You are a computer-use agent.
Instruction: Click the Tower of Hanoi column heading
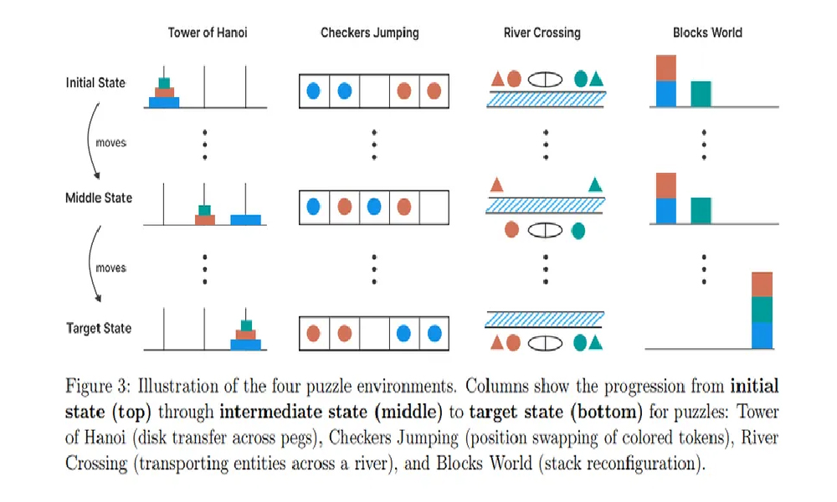(208, 33)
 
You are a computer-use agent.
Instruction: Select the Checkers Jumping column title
(370, 33)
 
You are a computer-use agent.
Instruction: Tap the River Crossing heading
(542, 33)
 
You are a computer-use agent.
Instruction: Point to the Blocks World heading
(707, 33)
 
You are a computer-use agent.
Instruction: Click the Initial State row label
(96, 83)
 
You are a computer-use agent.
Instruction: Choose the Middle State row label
(99, 198)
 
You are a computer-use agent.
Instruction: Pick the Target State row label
(99, 328)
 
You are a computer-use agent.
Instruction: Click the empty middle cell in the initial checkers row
(374, 90)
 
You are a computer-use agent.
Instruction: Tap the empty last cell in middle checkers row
(434, 206)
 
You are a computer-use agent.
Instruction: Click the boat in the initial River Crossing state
(545, 79)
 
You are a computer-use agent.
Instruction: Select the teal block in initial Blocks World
(701, 94)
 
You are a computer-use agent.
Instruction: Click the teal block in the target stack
(762, 310)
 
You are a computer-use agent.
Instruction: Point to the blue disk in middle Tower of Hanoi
(245, 219)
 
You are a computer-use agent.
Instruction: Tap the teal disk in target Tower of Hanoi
(246, 325)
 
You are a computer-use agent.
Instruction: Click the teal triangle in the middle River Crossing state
(595, 185)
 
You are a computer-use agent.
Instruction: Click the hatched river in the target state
(545, 319)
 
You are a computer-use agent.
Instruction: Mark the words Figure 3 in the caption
(96, 387)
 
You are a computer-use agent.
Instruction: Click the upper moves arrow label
(110, 143)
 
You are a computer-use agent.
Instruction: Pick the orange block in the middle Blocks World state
(665, 186)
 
